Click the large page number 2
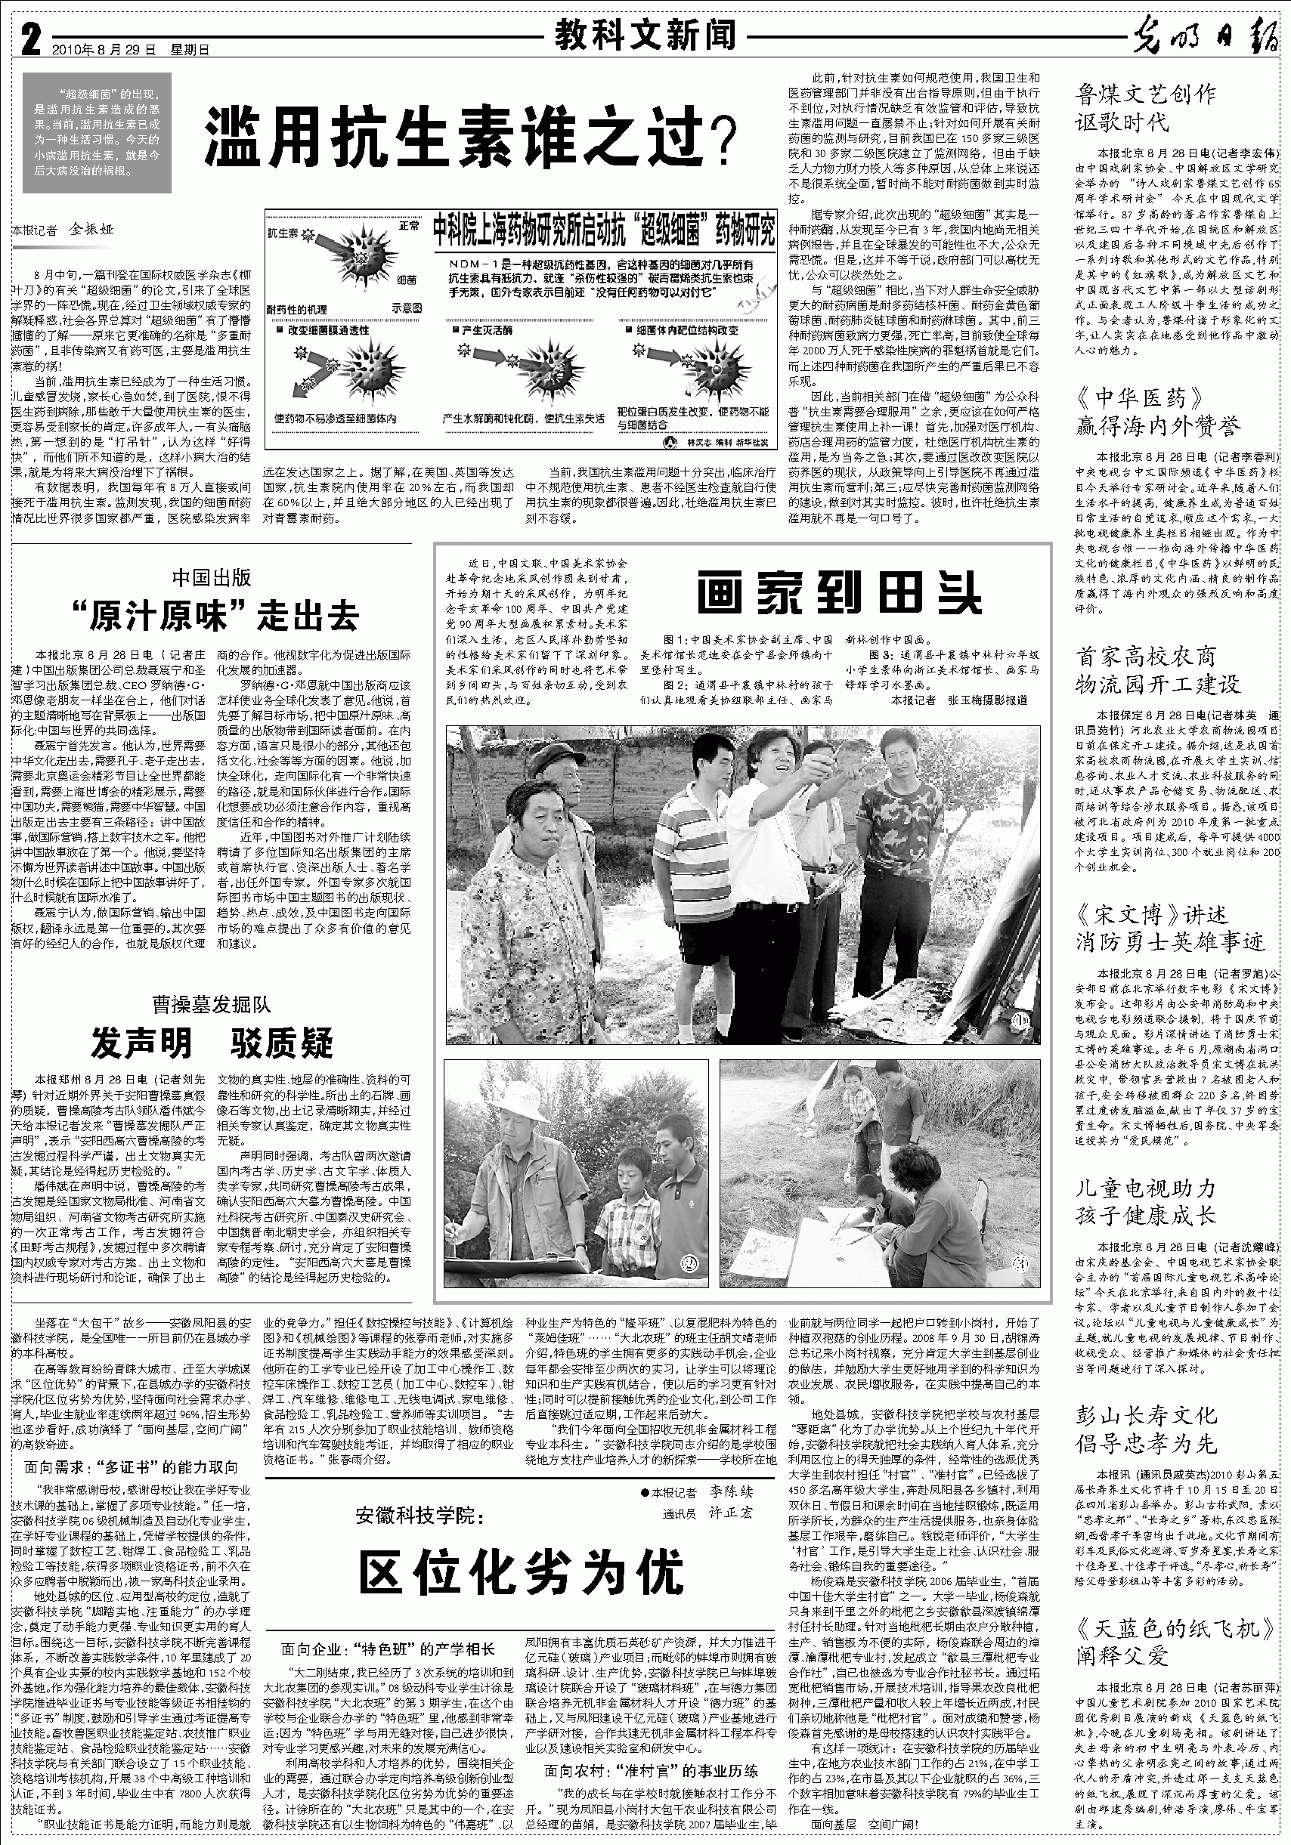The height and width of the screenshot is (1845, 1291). tap(29, 39)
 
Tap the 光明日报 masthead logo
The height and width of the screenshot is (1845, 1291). tap(1206, 39)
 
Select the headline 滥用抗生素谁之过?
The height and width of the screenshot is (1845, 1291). tap(470, 137)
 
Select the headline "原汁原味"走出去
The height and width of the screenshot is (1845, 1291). tap(213, 617)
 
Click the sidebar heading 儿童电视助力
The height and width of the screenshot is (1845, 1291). tap(1146, 1187)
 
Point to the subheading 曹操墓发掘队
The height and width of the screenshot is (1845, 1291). tap(212, 1004)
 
